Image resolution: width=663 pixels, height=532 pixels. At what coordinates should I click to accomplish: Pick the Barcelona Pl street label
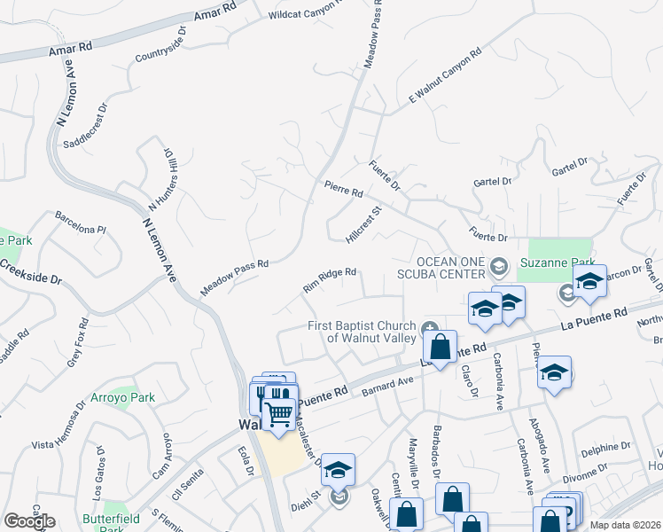(80, 223)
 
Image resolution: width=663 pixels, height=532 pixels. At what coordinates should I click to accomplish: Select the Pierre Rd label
(344, 189)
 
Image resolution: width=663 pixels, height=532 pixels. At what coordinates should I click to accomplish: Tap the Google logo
(29, 521)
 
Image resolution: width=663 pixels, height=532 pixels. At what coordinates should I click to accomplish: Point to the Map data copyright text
(626, 525)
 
